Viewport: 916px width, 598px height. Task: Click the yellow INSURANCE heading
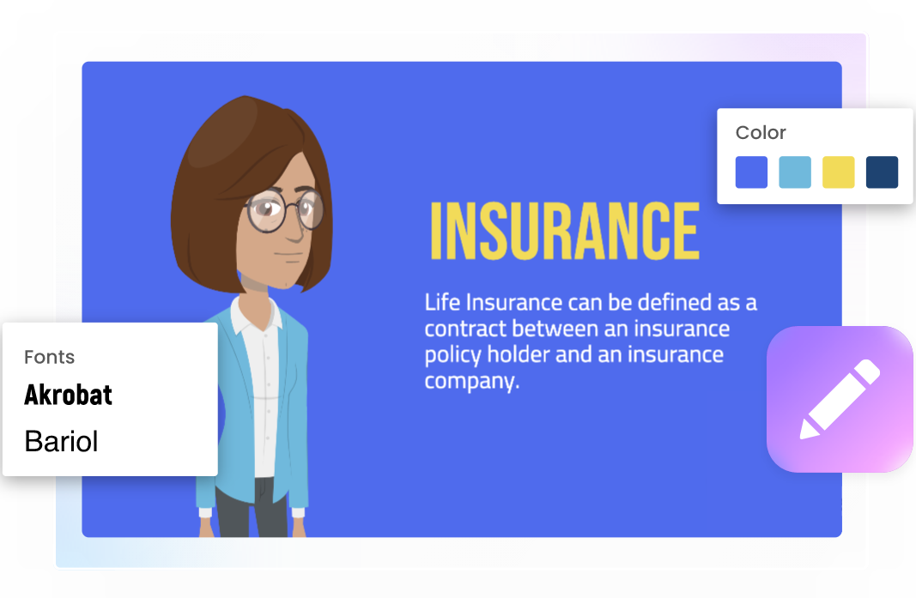pyautogui.click(x=565, y=231)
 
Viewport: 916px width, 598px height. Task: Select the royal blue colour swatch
pyautogui.click(x=751, y=172)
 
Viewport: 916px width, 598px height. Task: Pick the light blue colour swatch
pyautogui.click(x=795, y=172)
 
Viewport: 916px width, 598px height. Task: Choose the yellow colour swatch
pyautogui.click(x=838, y=172)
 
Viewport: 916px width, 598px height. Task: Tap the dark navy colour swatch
pyautogui.click(x=883, y=172)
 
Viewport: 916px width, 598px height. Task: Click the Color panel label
pyautogui.click(x=761, y=133)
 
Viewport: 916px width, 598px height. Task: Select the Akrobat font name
pyautogui.click(x=68, y=396)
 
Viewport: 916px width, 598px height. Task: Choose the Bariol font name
pyautogui.click(x=61, y=441)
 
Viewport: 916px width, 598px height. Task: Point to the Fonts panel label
pyautogui.click(x=49, y=357)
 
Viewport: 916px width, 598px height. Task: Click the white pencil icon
pyautogui.click(x=840, y=399)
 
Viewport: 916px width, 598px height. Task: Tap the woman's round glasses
pyautogui.click(x=284, y=210)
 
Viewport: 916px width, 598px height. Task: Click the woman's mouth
pyautogui.click(x=288, y=254)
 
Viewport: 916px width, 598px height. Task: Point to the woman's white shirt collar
pyautogui.click(x=256, y=314)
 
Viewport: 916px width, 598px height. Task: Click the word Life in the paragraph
pyautogui.click(x=443, y=303)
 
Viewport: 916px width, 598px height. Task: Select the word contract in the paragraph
pyautogui.click(x=465, y=329)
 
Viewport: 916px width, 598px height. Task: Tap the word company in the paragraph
pyautogui.click(x=472, y=381)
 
